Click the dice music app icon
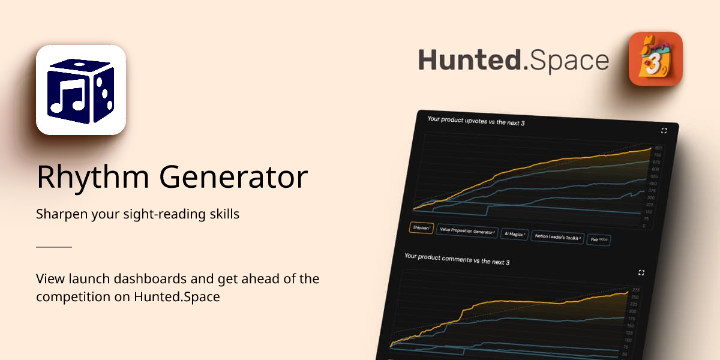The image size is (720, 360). pos(81,90)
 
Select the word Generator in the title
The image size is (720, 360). pos(229,177)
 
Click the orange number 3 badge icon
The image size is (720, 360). pos(655,59)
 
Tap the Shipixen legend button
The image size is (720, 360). pos(421,228)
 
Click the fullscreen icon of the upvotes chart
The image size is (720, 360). pos(664,130)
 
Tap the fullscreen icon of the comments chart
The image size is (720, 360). pos(641,272)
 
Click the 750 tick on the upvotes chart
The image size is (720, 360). pos(657,155)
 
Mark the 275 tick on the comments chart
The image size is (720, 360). pos(635,290)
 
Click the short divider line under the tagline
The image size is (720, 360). pos(54,247)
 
